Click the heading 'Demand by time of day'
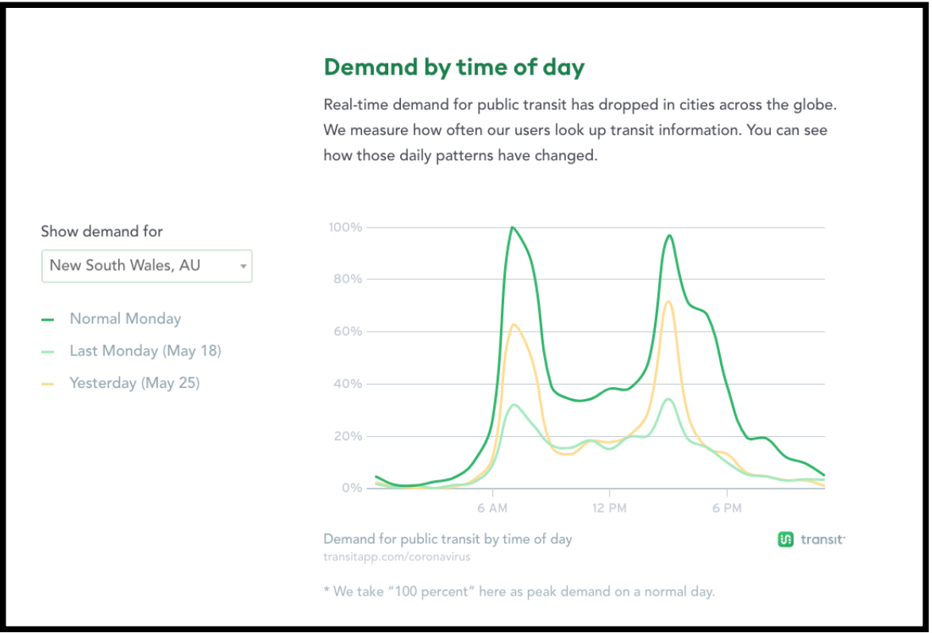pos(454,67)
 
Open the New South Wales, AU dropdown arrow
pos(243,267)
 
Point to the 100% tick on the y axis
pos(345,228)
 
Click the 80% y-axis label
pos(348,279)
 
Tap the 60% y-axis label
pos(348,332)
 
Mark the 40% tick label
pos(348,384)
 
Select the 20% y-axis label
pos(348,436)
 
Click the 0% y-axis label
pos(352,488)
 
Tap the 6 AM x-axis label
pos(492,508)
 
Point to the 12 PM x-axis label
pos(609,508)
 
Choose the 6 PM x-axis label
pos(727,508)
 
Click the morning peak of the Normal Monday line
pos(512,228)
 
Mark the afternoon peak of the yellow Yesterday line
pos(668,301)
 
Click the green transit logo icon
pos(786,539)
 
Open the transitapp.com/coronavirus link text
pos(396,557)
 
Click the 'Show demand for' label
pos(102,232)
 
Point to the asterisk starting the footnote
pos(326,589)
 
